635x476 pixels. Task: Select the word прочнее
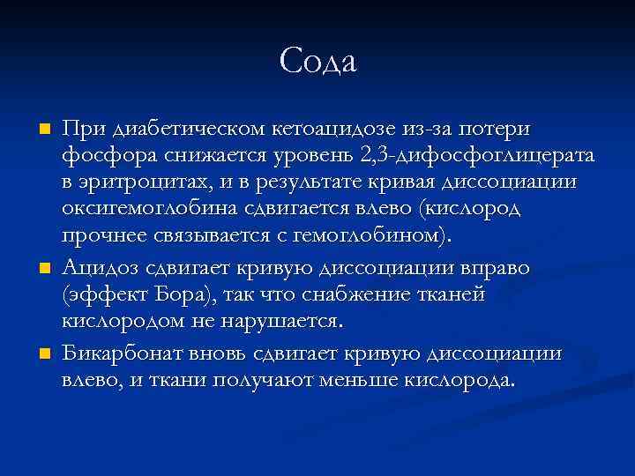coord(103,236)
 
